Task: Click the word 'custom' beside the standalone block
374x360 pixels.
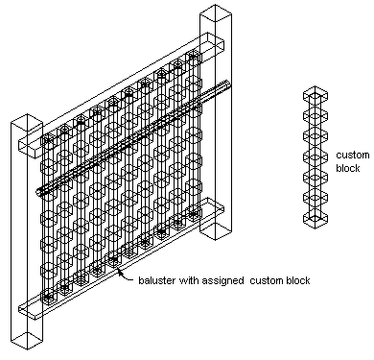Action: (353, 156)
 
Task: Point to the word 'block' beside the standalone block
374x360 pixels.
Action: (348, 168)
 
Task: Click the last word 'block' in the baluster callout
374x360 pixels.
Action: (298, 280)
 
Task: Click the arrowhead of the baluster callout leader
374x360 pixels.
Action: (120, 272)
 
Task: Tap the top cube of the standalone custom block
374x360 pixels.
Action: (316, 95)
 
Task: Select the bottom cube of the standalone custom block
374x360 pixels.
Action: (316, 219)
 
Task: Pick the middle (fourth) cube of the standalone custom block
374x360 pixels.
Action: (316, 156)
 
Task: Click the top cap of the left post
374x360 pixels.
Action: (27, 122)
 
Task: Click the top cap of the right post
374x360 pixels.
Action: (216, 13)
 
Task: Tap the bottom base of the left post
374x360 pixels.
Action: (27, 341)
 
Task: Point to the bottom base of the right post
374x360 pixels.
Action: (216, 231)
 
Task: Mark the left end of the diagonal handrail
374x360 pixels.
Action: (38, 192)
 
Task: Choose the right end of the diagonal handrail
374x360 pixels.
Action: (227, 83)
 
